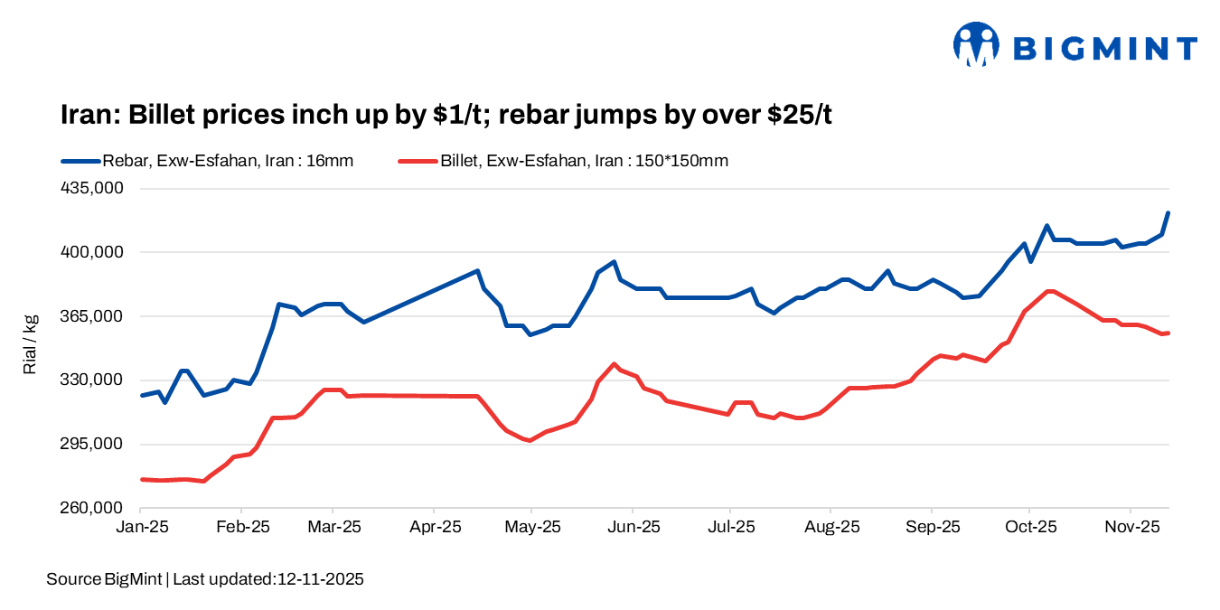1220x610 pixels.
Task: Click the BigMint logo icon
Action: [x=976, y=44]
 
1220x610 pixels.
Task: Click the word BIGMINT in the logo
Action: [x=1105, y=48]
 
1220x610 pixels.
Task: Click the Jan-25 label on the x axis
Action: [x=142, y=526]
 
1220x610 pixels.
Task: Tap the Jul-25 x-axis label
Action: [x=730, y=526]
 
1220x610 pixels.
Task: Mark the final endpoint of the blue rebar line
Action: [x=1168, y=213]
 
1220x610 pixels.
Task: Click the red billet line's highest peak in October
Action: [x=1049, y=291]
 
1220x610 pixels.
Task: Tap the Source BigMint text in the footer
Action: [x=104, y=579]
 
